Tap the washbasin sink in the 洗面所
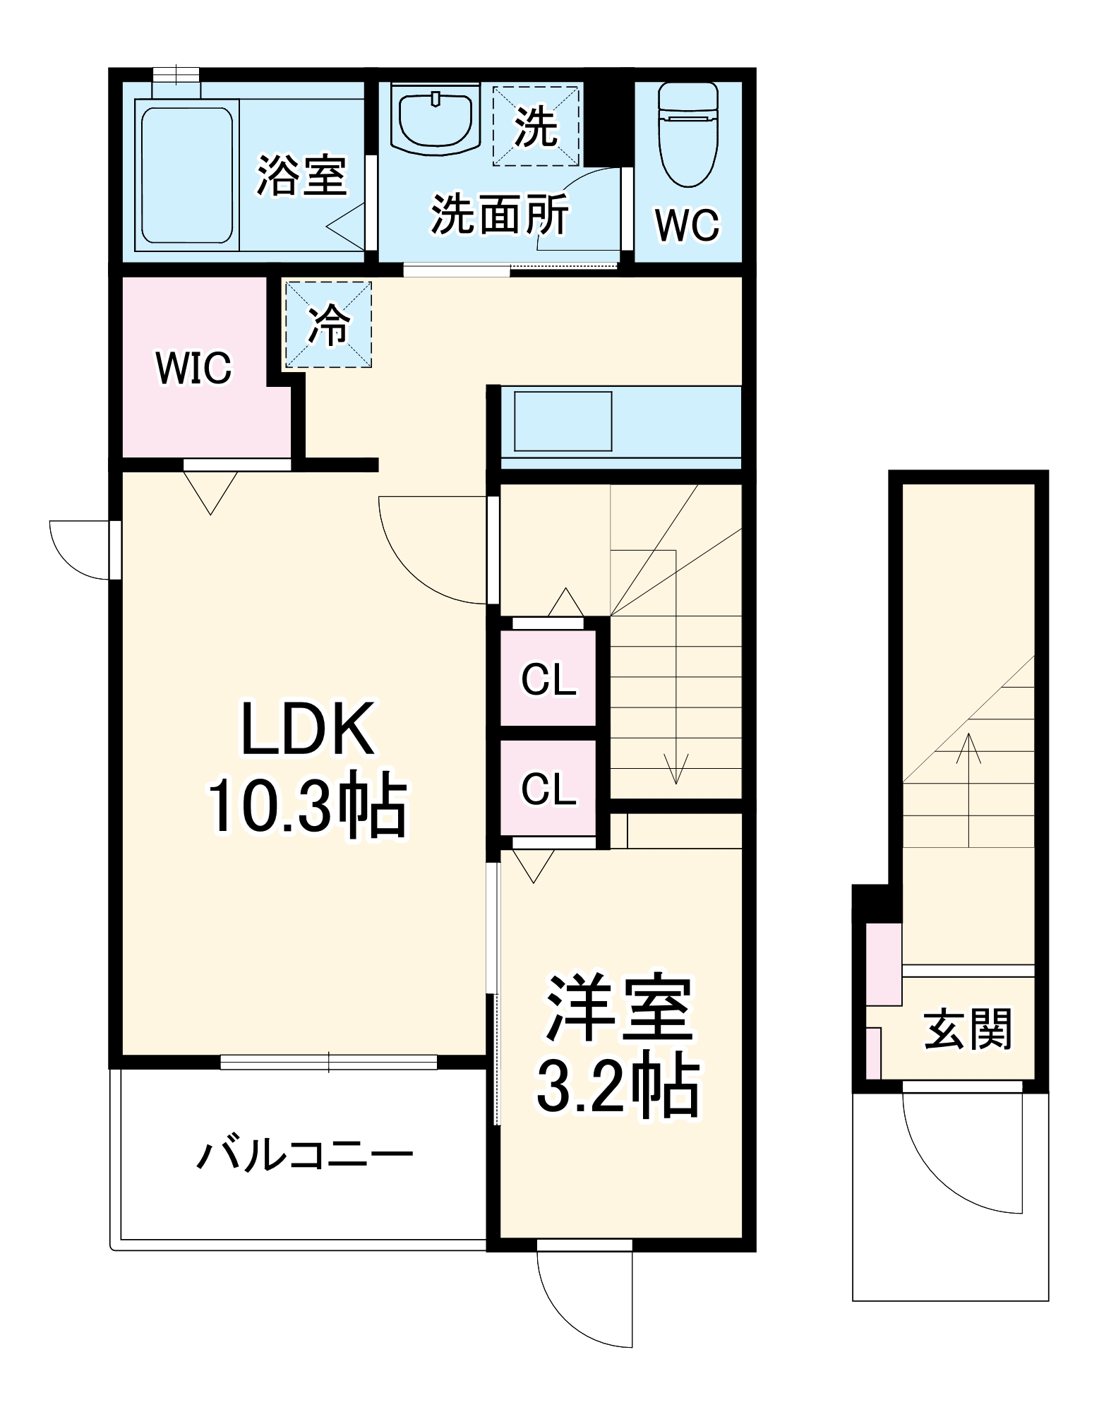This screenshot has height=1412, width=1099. [436, 120]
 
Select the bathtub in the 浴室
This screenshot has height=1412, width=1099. [186, 175]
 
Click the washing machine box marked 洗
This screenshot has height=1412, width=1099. [536, 126]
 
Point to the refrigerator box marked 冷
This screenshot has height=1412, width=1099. [328, 325]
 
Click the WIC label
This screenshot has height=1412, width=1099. [193, 368]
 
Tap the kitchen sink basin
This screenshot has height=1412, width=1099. [563, 421]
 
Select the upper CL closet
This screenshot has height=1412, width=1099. [548, 678]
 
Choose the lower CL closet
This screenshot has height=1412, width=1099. [548, 788]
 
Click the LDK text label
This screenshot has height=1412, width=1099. [308, 729]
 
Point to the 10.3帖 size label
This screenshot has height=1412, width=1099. [308, 806]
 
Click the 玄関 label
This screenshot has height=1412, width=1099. [968, 1030]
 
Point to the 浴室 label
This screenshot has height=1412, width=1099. [302, 175]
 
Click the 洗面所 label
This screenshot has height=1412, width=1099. [500, 214]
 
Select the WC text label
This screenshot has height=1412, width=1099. [687, 225]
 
